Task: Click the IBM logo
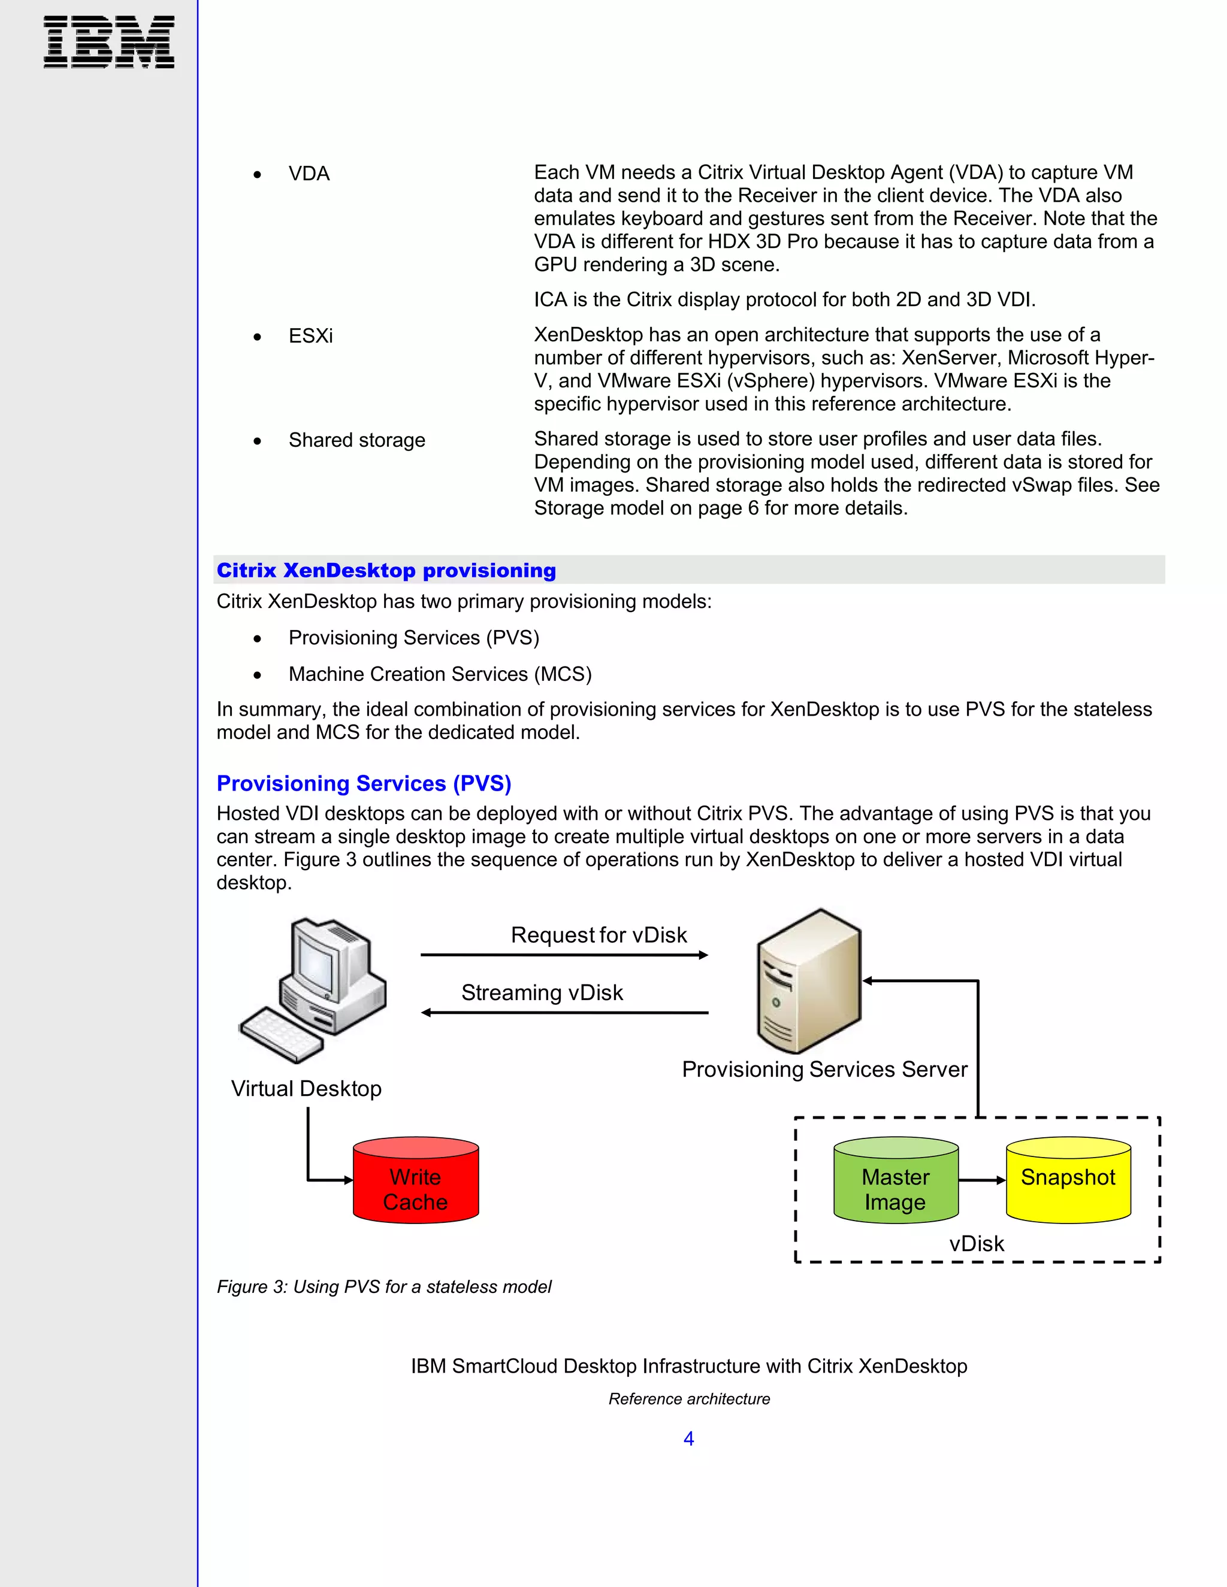coord(109,42)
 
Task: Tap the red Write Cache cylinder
coord(416,1180)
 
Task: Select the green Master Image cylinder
coord(896,1180)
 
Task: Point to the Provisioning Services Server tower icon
coord(809,980)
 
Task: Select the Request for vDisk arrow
coord(564,955)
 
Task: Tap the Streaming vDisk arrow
coord(564,1012)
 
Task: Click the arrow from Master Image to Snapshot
coord(982,1180)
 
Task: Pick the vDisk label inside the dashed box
coord(976,1243)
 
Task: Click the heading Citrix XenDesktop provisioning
coord(386,570)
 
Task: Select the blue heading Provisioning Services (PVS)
coord(364,783)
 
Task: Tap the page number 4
coord(688,1438)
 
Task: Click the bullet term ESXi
coord(310,336)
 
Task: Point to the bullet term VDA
coord(309,174)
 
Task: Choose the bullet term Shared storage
coord(356,440)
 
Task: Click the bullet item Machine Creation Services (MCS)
coord(440,674)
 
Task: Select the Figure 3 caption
coord(384,1287)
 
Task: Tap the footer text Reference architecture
coord(688,1399)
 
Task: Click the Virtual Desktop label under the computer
coord(306,1089)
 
